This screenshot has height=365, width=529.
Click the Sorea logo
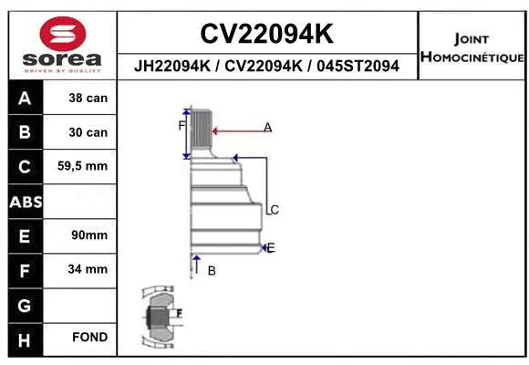(x=61, y=44)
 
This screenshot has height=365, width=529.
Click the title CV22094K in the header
(x=266, y=35)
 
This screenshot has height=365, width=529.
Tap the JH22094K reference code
(x=173, y=67)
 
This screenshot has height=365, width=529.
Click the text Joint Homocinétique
(x=472, y=48)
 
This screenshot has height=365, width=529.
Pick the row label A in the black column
(x=25, y=99)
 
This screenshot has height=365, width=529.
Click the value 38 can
(x=88, y=99)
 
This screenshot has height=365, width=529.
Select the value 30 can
(x=88, y=132)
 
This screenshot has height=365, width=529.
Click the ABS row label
(x=25, y=201)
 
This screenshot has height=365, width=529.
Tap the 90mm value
(x=88, y=235)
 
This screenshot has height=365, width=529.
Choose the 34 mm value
(x=88, y=269)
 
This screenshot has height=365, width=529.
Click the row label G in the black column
(x=25, y=304)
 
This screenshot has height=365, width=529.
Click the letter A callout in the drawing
(x=268, y=127)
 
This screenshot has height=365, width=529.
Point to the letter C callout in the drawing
(x=275, y=210)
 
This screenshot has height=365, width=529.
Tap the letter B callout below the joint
(x=212, y=271)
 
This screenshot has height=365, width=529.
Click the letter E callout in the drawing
(x=271, y=247)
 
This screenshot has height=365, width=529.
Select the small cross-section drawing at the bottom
(x=159, y=318)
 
